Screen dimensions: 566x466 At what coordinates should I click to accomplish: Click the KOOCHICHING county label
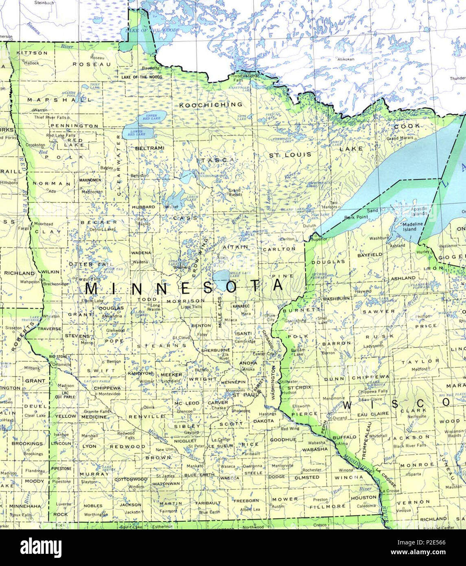[211, 105]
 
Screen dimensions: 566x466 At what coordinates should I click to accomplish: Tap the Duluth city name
[309, 225]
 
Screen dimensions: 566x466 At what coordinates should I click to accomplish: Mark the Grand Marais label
[398, 138]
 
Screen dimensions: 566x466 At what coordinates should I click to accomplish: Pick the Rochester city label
[313, 469]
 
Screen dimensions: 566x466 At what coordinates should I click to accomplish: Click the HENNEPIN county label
[233, 382]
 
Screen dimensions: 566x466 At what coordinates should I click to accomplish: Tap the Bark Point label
[356, 217]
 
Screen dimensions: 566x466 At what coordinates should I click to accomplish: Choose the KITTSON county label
[32, 53]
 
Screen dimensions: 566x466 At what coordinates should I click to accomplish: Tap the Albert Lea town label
[250, 509]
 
